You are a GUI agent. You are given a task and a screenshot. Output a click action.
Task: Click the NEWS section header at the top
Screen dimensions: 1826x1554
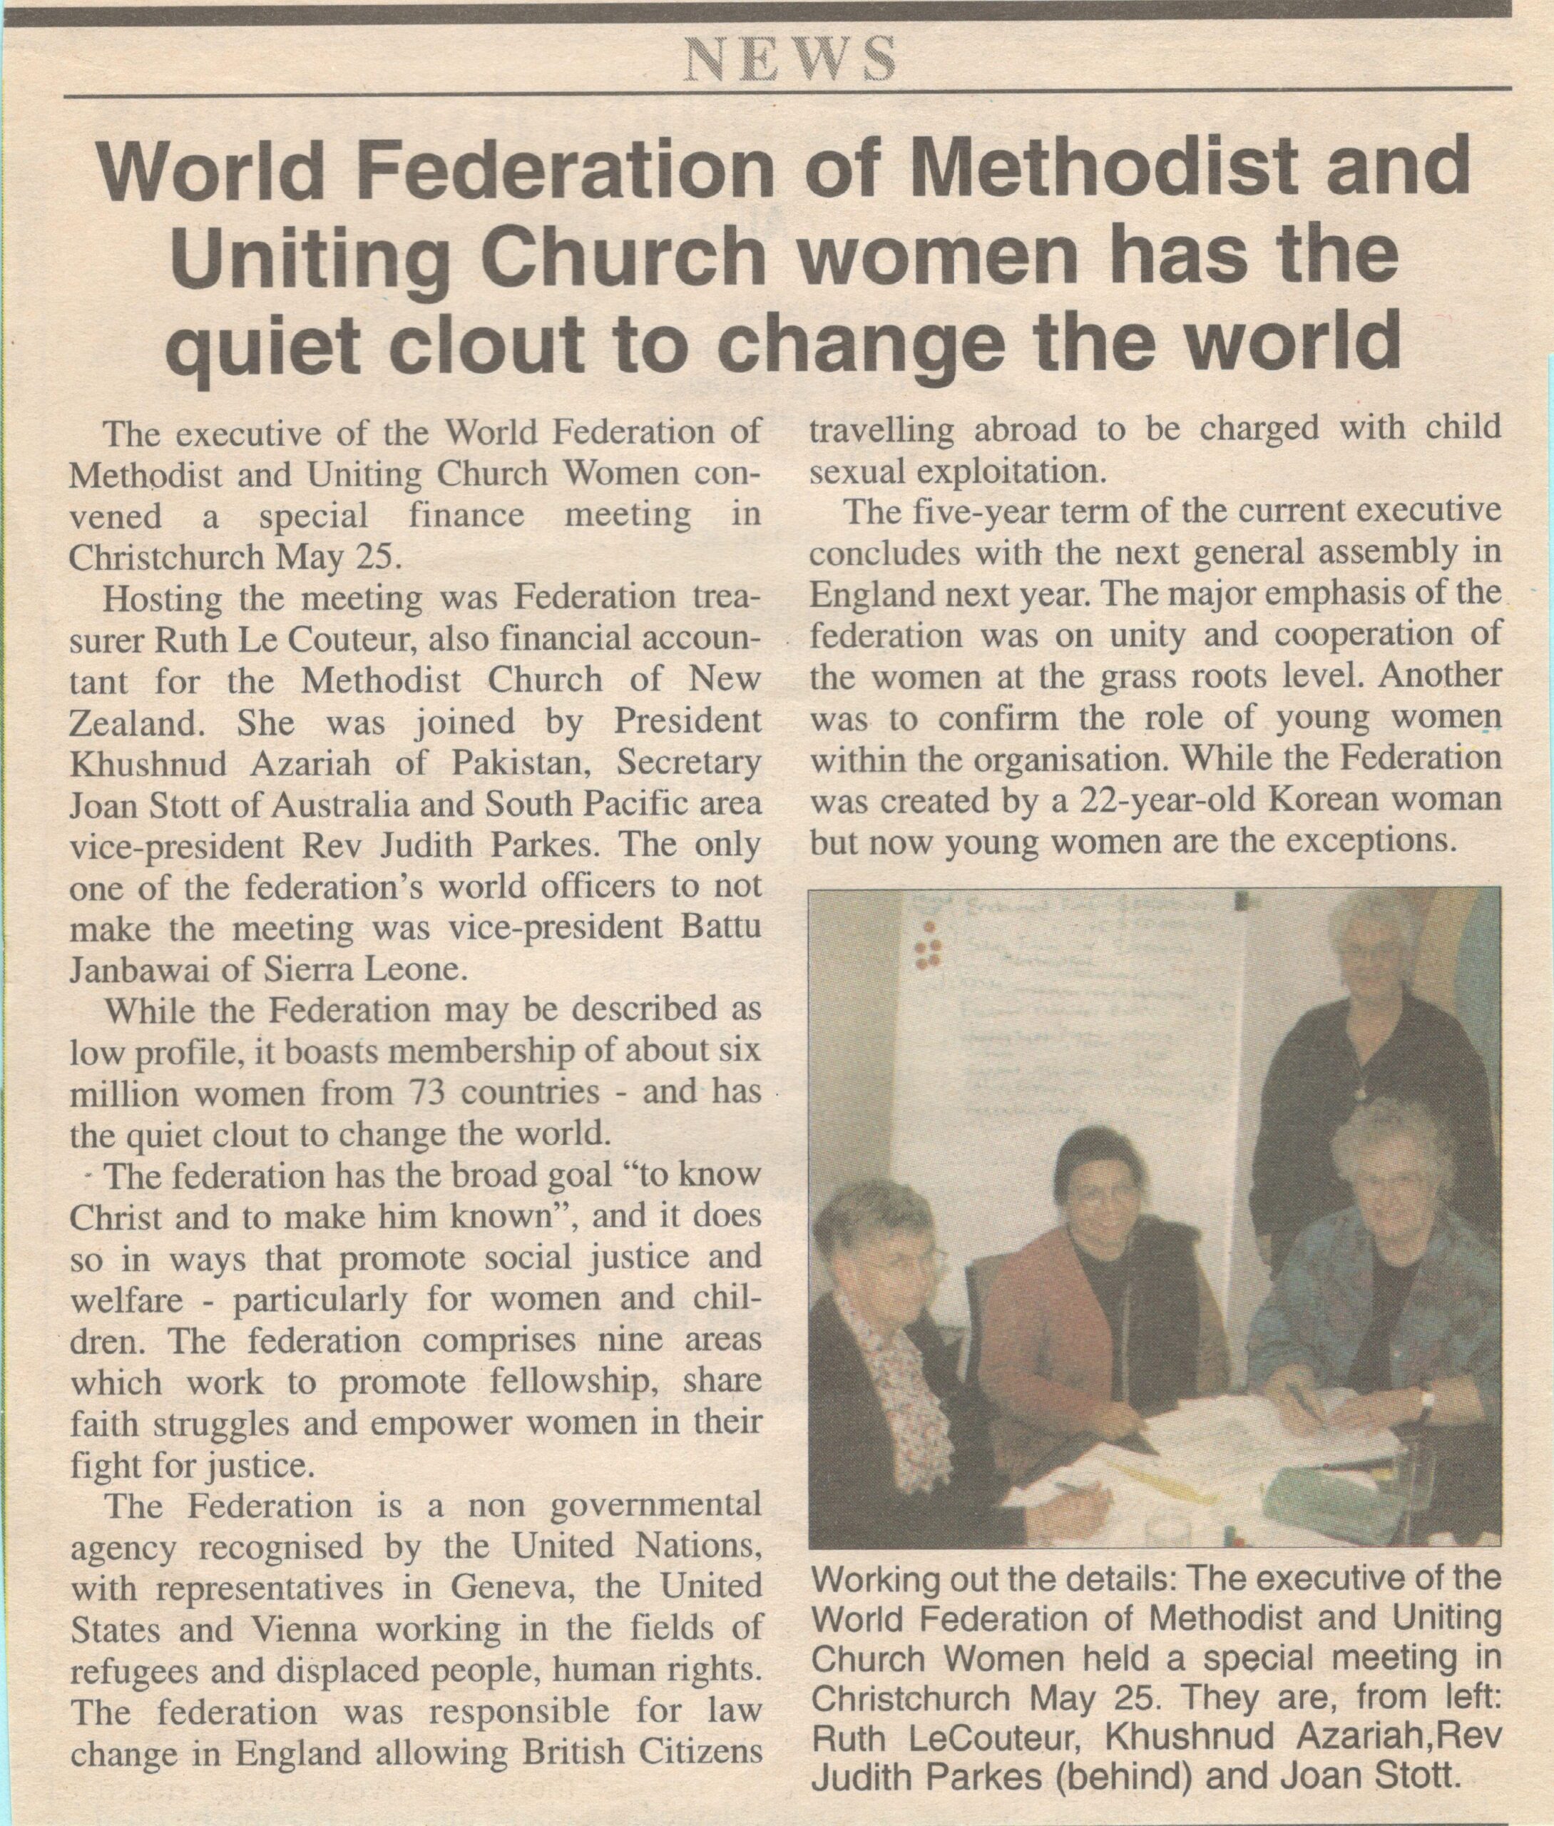click(790, 61)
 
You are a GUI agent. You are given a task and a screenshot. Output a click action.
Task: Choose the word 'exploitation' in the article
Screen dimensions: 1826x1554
click(1013, 473)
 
